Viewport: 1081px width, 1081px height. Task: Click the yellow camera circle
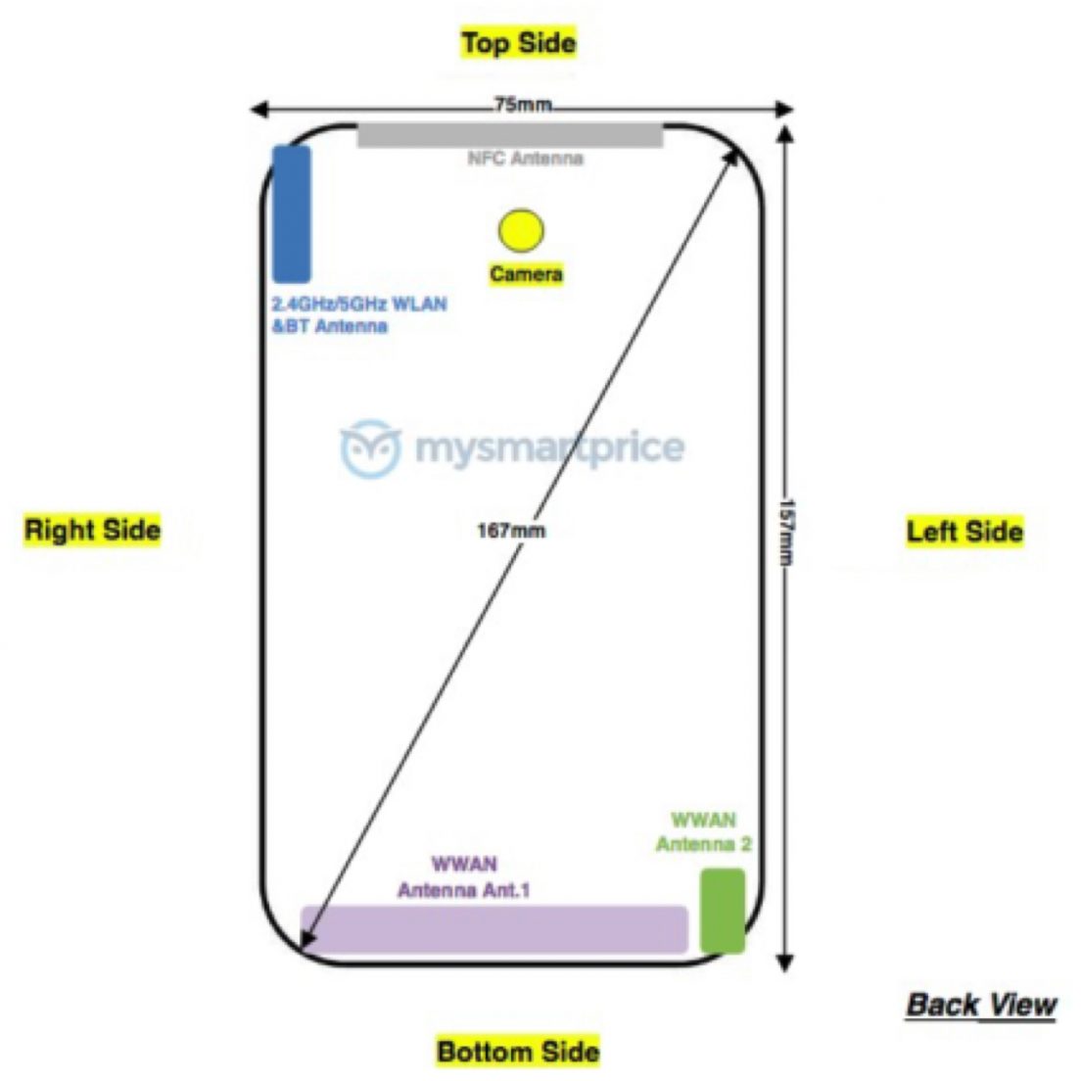click(x=520, y=230)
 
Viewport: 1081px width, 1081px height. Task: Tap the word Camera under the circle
click(x=526, y=274)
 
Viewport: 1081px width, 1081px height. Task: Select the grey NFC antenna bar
click(x=510, y=135)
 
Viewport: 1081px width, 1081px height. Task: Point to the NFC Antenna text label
click(x=525, y=159)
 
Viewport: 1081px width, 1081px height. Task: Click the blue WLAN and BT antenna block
click(x=291, y=213)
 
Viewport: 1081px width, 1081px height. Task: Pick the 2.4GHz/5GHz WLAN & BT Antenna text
click(x=358, y=315)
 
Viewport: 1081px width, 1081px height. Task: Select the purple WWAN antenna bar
click(x=493, y=929)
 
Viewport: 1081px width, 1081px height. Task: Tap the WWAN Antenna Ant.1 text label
click(x=464, y=878)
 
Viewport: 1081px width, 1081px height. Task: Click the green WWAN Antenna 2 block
click(x=723, y=911)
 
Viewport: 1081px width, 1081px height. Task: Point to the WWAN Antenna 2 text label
click(x=704, y=832)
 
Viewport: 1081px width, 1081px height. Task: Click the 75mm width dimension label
click(x=522, y=105)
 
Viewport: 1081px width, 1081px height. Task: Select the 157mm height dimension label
click(x=785, y=533)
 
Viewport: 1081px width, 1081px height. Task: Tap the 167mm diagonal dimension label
click(x=511, y=531)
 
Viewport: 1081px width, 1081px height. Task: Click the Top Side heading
click(x=519, y=43)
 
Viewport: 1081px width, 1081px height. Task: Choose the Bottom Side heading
click(x=518, y=1052)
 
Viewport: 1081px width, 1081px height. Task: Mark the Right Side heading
click(x=92, y=530)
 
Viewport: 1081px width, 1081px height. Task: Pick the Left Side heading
click(x=964, y=532)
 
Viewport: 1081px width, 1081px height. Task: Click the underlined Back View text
click(x=981, y=1005)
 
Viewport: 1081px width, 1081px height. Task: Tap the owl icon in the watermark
click(x=370, y=448)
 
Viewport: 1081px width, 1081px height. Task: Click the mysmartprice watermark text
click(x=549, y=448)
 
